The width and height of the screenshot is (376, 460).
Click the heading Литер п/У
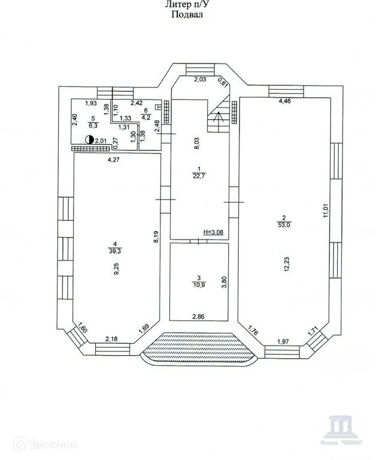[187, 5]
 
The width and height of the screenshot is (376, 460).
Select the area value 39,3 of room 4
[115, 251]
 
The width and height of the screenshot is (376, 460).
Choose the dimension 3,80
[224, 282]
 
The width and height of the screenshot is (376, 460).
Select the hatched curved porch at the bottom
[199, 349]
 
